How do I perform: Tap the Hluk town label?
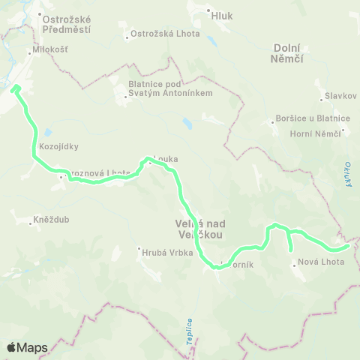click(223, 13)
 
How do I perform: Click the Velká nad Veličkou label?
click(194, 229)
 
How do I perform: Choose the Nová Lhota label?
click(321, 262)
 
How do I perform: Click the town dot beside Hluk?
click(208, 12)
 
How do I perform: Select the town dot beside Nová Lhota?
click(293, 262)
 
